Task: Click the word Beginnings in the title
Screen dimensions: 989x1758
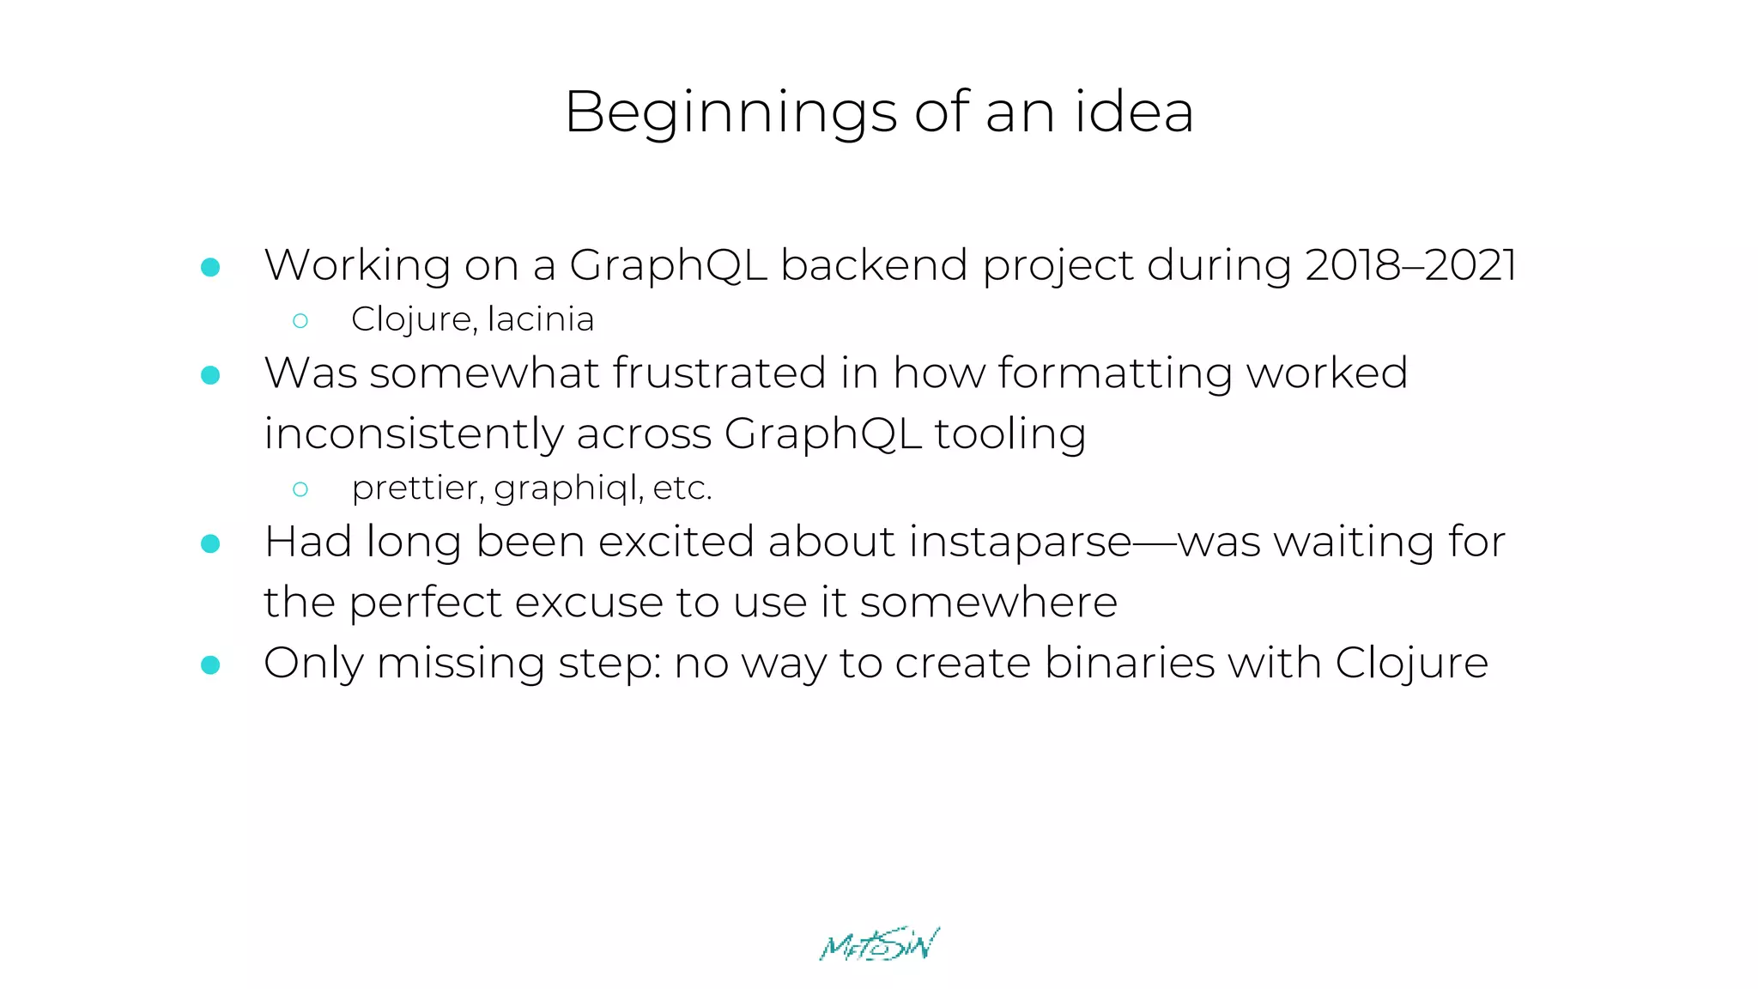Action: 730,113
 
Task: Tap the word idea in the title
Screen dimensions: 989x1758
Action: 1134,112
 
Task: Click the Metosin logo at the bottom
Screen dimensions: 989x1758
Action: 879,944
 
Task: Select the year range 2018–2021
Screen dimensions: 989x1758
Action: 1410,264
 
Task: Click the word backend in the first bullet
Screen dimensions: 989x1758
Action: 874,264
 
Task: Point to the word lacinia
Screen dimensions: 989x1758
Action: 541,319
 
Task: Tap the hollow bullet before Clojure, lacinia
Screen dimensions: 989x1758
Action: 300,321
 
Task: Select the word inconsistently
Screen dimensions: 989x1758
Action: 413,434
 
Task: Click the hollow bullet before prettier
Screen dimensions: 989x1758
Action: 300,489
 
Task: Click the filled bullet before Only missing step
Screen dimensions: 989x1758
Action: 210,664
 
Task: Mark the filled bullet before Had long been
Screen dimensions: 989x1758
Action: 210,543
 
